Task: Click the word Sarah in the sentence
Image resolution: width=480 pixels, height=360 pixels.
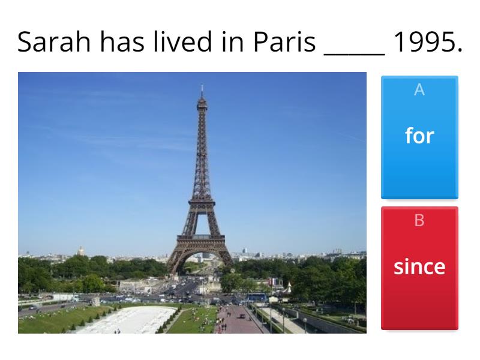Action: [54, 41]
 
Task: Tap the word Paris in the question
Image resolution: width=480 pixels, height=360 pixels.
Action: [284, 41]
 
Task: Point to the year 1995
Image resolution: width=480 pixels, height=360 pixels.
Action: [427, 41]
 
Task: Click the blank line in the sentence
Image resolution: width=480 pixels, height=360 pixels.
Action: [354, 55]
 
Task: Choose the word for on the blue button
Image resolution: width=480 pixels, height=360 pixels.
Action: [419, 136]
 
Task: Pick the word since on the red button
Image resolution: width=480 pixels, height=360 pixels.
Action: [419, 266]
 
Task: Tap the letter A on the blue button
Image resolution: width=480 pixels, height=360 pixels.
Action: [419, 89]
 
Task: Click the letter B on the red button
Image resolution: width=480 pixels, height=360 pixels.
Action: [419, 220]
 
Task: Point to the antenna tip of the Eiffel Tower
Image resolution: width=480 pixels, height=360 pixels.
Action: [202, 85]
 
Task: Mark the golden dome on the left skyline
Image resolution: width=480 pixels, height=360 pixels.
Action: [80, 250]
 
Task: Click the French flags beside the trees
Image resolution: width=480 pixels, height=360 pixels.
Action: [275, 282]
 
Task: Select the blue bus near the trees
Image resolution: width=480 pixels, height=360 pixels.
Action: [256, 296]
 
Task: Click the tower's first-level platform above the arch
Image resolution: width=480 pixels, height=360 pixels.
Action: [201, 238]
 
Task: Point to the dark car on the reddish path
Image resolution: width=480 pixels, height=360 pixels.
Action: [242, 316]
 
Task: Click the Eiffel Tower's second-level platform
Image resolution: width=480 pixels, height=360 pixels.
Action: [202, 202]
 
